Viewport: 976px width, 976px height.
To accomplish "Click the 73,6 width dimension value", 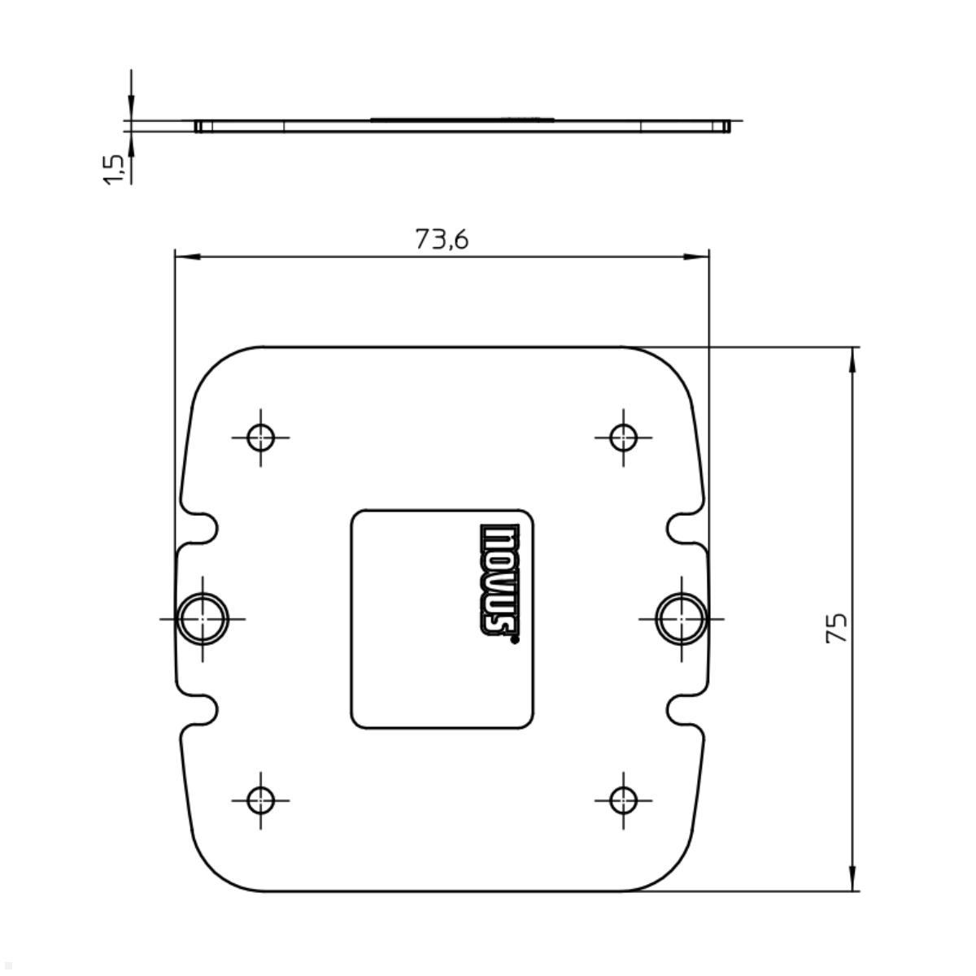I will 442,239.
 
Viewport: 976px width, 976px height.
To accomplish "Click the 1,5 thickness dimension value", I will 114,169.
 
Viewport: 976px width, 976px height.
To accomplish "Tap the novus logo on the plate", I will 499,580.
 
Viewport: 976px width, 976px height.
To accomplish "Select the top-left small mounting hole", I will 260,437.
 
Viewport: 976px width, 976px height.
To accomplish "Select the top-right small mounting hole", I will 623,437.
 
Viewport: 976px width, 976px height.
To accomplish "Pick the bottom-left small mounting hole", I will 260,800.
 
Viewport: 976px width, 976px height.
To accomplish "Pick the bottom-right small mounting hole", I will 623,800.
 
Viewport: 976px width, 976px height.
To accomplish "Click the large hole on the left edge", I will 203,618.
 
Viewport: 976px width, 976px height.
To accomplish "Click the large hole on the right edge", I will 681,618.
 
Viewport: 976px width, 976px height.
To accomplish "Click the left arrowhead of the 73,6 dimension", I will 187,257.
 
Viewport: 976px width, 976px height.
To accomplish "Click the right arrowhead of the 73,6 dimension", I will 697,257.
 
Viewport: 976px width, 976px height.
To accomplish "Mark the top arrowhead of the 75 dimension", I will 852,359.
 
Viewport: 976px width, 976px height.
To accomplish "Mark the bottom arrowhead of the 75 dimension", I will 852,879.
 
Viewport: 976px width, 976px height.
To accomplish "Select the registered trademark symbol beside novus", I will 514,640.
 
